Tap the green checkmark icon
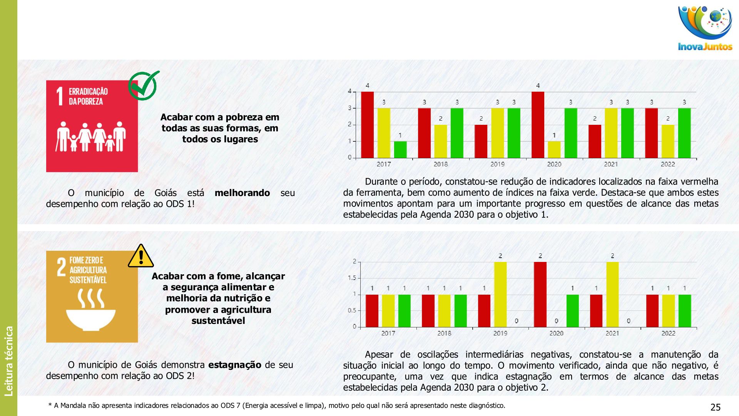tap(143, 85)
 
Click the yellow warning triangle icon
tap(141, 256)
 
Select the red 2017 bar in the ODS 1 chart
tap(367, 125)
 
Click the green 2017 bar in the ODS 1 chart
tap(400, 149)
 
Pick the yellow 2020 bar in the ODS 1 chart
tap(554, 149)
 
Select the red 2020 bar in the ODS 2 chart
tap(540, 294)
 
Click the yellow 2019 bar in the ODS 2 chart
tap(500, 294)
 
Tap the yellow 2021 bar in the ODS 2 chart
tap(612, 294)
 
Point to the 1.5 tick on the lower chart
tap(351, 278)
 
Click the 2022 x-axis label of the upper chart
tap(668, 164)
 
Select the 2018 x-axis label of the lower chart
tap(444, 333)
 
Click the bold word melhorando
tap(242, 193)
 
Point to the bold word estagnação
tap(235, 365)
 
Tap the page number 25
tap(715, 407)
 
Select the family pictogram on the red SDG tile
tap(91, 137)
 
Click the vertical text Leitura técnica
tap(8, 361)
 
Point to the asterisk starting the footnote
tap(50, 405)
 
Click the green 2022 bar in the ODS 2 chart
tap(684, 311)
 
